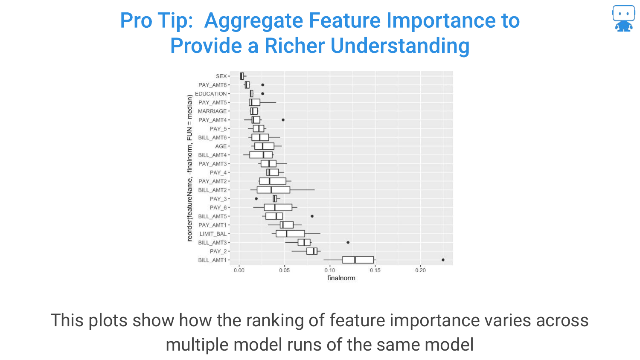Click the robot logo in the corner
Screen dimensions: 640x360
(623, 18)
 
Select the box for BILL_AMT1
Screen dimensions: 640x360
(358, 260)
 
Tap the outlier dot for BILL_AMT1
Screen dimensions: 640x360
(443, 260)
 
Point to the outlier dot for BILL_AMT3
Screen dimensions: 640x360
(348, 243)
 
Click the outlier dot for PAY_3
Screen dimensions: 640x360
(256, 199)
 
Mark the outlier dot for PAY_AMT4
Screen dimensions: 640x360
(283, 120)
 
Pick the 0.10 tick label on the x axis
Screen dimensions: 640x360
(330, 270)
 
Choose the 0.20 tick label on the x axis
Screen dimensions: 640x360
(420, 270)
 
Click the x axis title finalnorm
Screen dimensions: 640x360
(341, 278)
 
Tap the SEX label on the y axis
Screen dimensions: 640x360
(221, 76)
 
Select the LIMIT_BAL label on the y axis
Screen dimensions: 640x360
(213, 234)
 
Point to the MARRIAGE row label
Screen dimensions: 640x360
(212, 111)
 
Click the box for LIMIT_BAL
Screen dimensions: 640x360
(290, 234)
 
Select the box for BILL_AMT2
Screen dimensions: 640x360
(273, 190)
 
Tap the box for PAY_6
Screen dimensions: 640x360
(278, 207)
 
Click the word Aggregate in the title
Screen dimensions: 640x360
(253, 21)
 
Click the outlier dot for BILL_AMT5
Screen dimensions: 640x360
(312, 216)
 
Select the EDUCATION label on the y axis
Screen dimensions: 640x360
(211, 94)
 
